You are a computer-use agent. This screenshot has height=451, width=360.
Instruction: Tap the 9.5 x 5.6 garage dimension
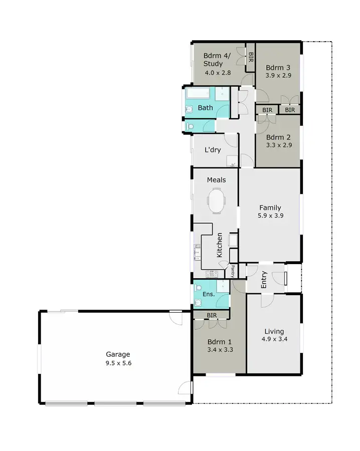click(117, 363)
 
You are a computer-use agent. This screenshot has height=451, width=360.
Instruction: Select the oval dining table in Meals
click(217, 200)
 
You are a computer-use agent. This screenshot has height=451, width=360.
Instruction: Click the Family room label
click(270, 207)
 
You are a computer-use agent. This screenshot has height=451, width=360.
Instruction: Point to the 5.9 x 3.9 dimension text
click(270, 216)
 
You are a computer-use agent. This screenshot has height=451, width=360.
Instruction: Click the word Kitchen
click(220, 245)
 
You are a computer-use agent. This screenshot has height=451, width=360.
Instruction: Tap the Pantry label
click(233, 271)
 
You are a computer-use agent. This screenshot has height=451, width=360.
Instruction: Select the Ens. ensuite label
click(208, 294)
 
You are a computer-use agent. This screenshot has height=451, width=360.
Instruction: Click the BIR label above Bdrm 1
click(212, 315)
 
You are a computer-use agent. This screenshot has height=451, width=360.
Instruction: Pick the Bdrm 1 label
click(219, 342)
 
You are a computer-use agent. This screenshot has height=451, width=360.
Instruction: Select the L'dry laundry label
click(213, 150)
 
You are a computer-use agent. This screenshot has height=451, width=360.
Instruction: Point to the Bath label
click(205, 108)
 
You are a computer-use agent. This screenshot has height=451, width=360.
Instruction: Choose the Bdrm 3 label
click(278, 68)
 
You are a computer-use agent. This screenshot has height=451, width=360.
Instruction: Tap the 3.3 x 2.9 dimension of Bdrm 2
click(278, 145)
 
